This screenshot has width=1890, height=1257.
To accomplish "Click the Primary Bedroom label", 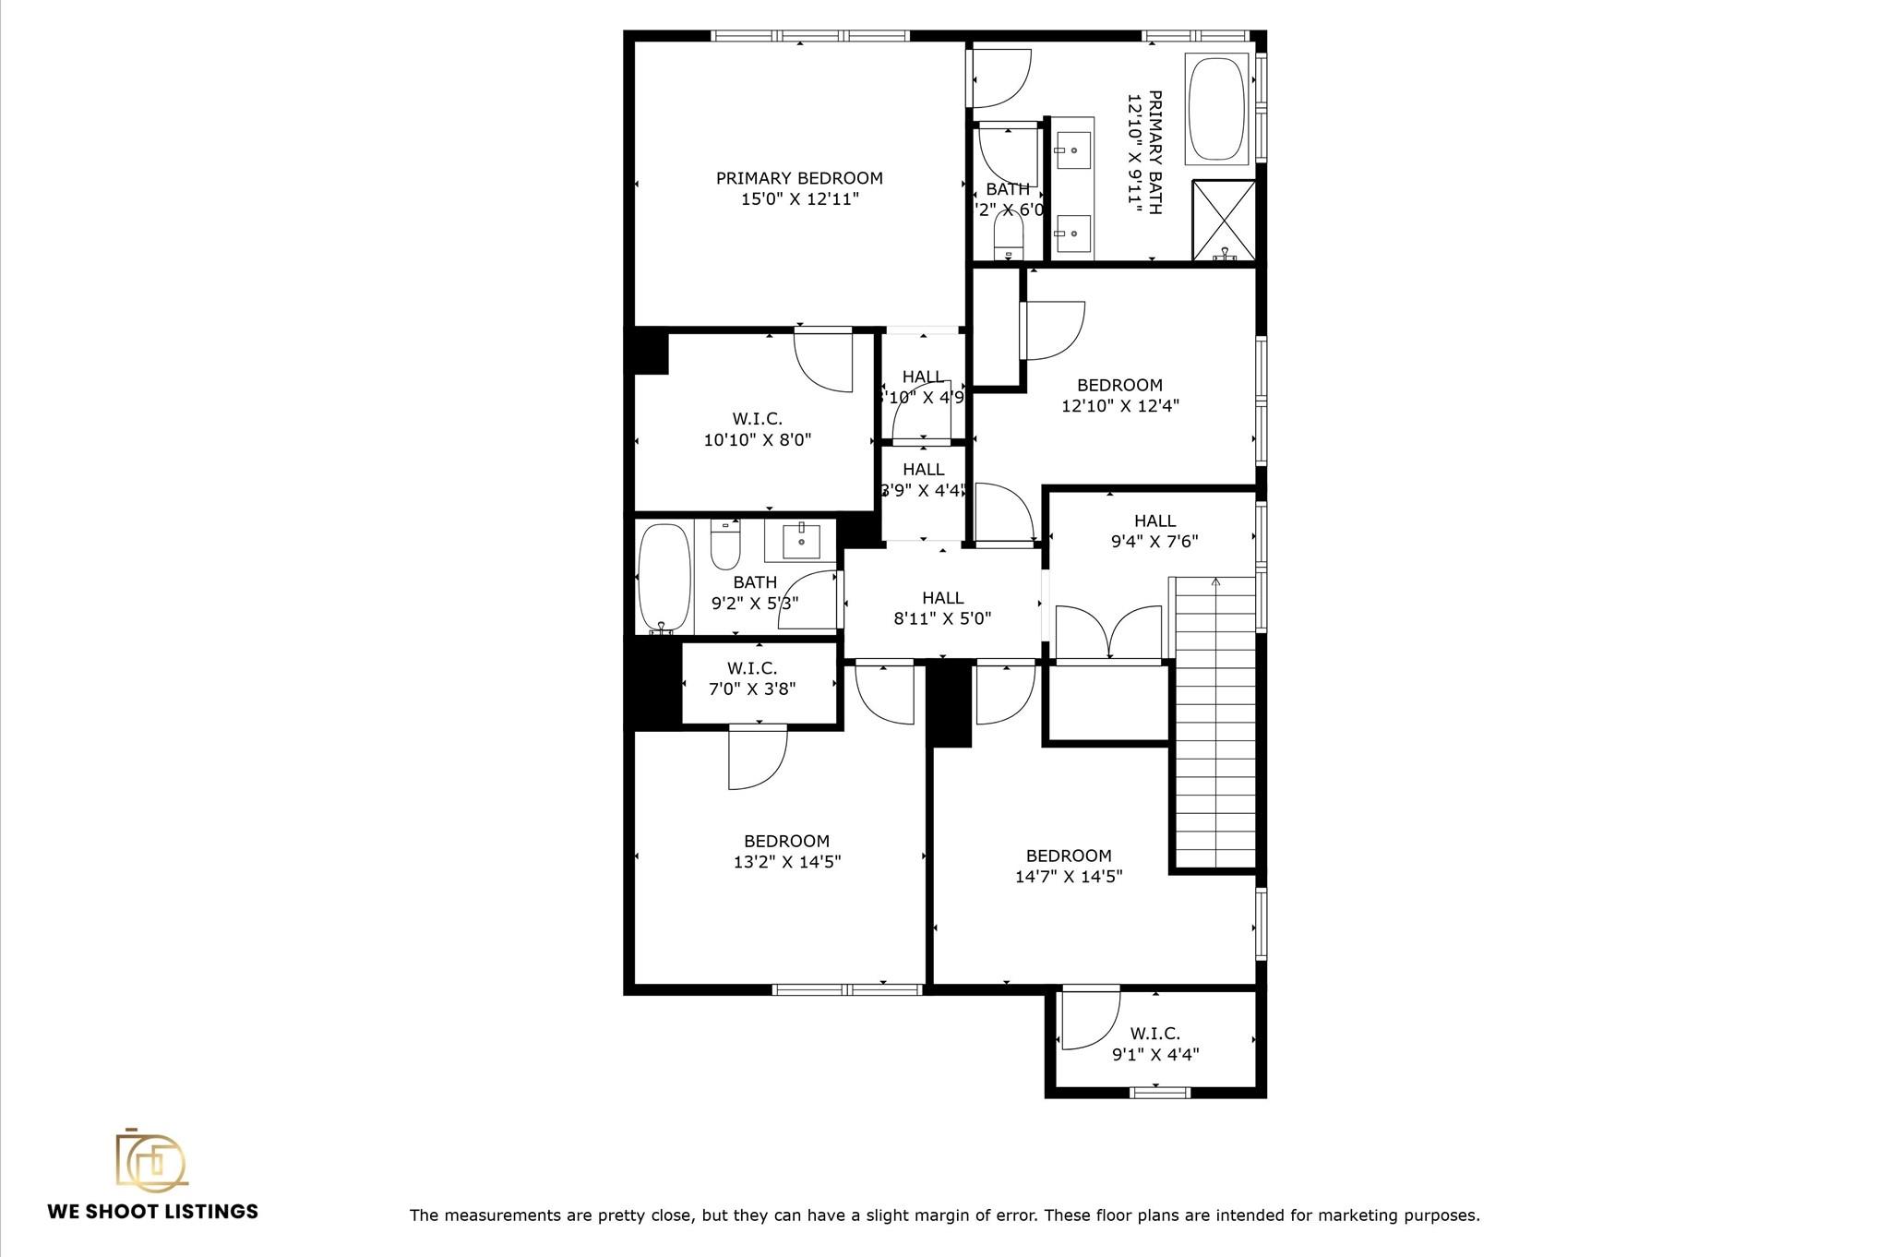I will [x=799, y=178].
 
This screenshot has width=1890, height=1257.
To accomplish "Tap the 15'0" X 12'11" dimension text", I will [x=799, y=199].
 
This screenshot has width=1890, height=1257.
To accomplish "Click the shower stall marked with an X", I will [x=1224, y=221].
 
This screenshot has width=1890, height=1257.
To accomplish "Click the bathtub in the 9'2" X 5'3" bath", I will [x=664, y=578].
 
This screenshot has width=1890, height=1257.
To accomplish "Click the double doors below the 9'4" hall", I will [x=1108, y=632].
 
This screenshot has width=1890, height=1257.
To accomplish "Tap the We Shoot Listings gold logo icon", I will [x=150, y=1159].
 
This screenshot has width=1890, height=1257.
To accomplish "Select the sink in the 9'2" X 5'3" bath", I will [x=800, y=542].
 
